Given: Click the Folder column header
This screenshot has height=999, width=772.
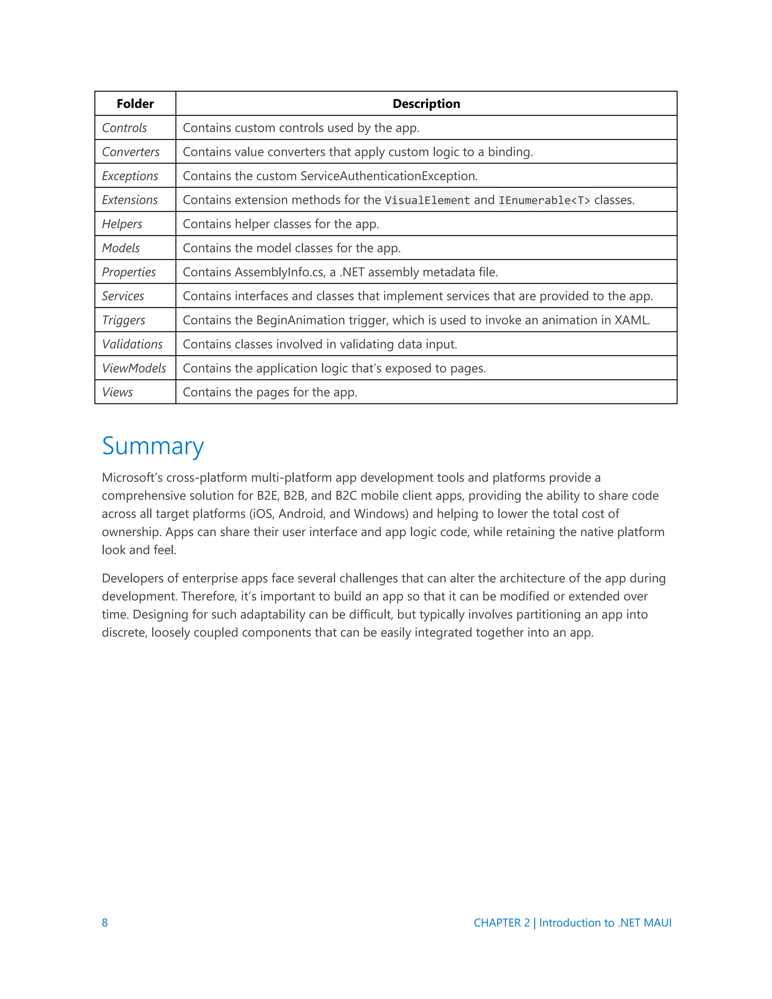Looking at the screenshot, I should (135, 104).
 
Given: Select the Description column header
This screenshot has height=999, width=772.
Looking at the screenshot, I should (426, 104).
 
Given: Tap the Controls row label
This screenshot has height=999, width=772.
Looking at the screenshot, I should (124, 128).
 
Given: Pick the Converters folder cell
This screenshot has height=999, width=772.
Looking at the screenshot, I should (130, 152).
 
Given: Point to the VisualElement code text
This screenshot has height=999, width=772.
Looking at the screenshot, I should (427, 200).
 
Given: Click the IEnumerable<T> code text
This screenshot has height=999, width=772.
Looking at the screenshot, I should (544, 200).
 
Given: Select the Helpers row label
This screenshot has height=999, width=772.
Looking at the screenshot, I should (122, 224).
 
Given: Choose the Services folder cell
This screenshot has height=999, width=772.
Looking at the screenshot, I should (123, 296).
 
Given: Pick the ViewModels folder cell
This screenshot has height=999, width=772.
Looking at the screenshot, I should (133, 368).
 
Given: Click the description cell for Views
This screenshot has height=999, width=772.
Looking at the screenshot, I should (270, 392).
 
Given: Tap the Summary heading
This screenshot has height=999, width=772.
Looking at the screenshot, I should (153, 446).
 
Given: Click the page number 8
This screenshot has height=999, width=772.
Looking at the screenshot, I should (105, 922).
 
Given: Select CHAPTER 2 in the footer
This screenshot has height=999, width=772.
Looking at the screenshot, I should (501, 922).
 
